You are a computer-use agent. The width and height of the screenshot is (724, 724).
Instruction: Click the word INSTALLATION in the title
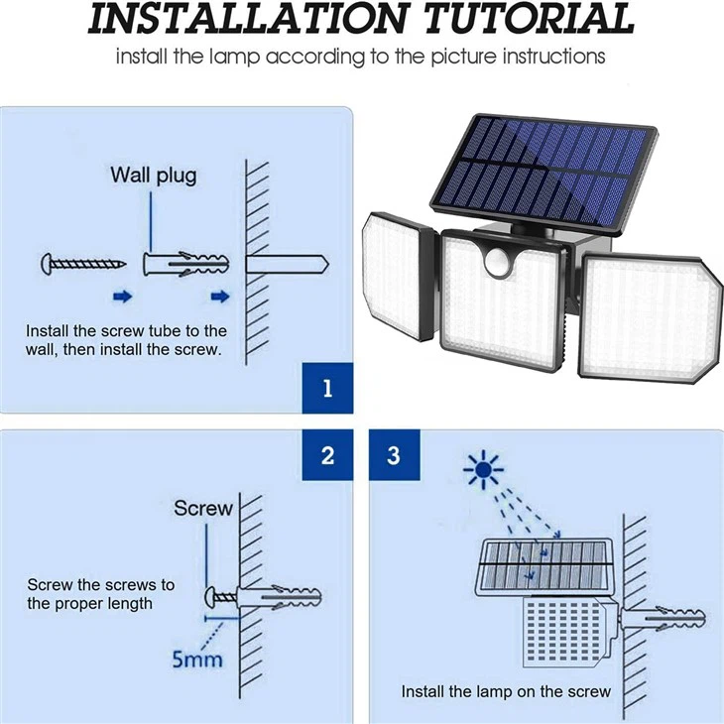click(x=236, y=20)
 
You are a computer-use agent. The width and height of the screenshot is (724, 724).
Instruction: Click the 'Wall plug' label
click(x=153, y=176)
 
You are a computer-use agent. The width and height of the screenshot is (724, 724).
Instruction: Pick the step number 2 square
click(x=327, y=456)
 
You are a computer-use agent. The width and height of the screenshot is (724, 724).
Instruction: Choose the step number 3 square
click(x=394, y=456)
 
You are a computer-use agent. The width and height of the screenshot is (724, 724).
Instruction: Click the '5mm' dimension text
click(x=197, y=659)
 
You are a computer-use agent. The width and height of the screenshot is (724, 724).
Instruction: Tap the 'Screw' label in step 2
click(x=203, y=508)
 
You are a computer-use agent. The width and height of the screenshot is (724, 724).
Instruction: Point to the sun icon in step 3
click(x=483, y=469)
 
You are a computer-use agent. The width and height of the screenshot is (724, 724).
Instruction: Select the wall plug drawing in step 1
click(x=186, y=264)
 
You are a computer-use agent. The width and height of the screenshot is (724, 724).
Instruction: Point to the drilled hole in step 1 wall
click(x=288, y=265)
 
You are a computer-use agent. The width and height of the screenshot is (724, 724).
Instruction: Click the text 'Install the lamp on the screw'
click(x=506, y=691)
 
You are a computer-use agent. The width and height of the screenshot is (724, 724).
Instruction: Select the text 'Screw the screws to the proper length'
click(x=99, y=594)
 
